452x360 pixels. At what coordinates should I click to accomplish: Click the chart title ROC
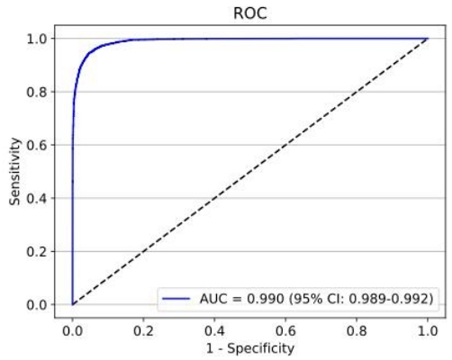pos(250,13)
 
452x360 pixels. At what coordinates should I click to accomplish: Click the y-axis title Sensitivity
pos(16,171)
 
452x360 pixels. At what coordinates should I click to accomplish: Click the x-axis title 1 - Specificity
pos(250,349)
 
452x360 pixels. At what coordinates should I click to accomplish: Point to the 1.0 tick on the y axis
pos(38,38)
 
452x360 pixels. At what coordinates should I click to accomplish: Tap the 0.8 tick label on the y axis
pos(38,91)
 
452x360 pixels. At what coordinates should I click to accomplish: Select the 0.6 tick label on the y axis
pos(38,145)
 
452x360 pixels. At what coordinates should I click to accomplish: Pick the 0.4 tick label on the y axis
pos(38,198)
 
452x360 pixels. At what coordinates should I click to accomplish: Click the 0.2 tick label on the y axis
pos(38,251)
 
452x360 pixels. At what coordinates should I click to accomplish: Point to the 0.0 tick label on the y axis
pos(38,304)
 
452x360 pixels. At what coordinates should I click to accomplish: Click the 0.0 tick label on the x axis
pos(72,330)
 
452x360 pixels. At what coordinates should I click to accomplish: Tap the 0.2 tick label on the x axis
pos(143,330)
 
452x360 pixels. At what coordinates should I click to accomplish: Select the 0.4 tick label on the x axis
pos(214,330)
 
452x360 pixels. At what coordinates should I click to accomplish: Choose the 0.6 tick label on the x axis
pos(286,330)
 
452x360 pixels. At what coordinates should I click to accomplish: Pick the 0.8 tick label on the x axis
pos(356,330)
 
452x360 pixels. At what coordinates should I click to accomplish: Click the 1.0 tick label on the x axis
pos(427,330)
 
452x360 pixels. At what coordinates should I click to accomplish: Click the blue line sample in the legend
pos(176,299)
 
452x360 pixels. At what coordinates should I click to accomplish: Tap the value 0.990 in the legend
pos(259,299)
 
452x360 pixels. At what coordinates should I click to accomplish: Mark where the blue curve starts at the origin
pos(72,304)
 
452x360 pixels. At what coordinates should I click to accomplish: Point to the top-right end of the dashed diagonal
pos(427,38)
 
